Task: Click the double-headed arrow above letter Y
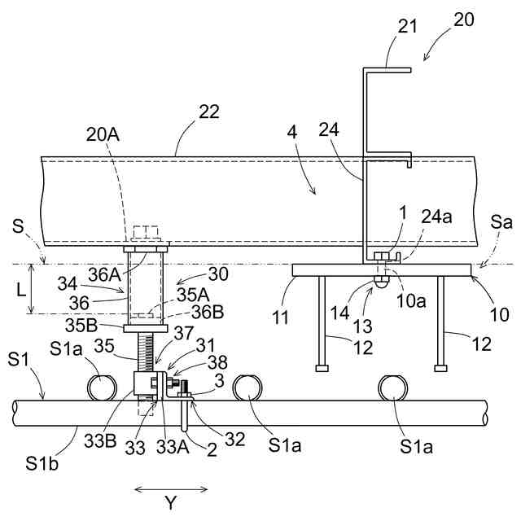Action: tap(170, 489)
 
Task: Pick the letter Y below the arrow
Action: tap(171, 505)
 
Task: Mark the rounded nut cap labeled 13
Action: tap(380, 282)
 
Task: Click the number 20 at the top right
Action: tap(463, 19)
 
